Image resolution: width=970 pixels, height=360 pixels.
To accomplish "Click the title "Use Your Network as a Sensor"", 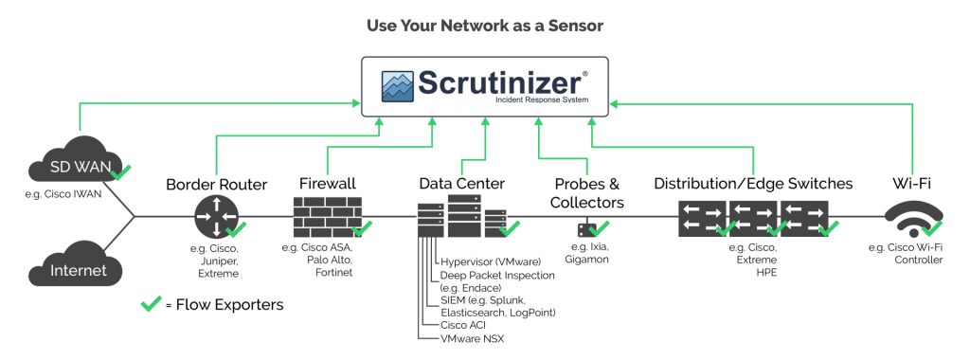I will (484, 26).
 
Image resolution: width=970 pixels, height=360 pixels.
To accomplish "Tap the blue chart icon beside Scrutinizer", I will (398, 85).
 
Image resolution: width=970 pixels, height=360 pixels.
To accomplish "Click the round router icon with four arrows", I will (212, 216).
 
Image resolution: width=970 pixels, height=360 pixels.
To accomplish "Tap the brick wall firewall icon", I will (324, 215).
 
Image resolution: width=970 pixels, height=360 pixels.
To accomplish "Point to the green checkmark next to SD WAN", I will (122, 171).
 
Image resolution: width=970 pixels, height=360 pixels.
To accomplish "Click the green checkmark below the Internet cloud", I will (152, 303).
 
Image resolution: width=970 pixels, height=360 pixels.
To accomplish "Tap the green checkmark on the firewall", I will (363, 227).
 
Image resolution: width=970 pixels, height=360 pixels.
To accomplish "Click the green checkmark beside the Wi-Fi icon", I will (932, 228).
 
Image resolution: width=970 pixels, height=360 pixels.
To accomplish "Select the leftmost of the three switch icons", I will (702, 217).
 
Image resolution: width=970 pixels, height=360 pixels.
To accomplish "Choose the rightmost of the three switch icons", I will (804, 217).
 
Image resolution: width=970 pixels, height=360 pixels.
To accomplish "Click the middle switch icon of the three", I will (753, 217).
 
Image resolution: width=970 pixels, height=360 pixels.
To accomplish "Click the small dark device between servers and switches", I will (584, 229).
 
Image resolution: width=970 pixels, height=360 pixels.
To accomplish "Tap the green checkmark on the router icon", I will (236, 228).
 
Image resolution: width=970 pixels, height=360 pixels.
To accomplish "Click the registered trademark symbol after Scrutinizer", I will (584, 71).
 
